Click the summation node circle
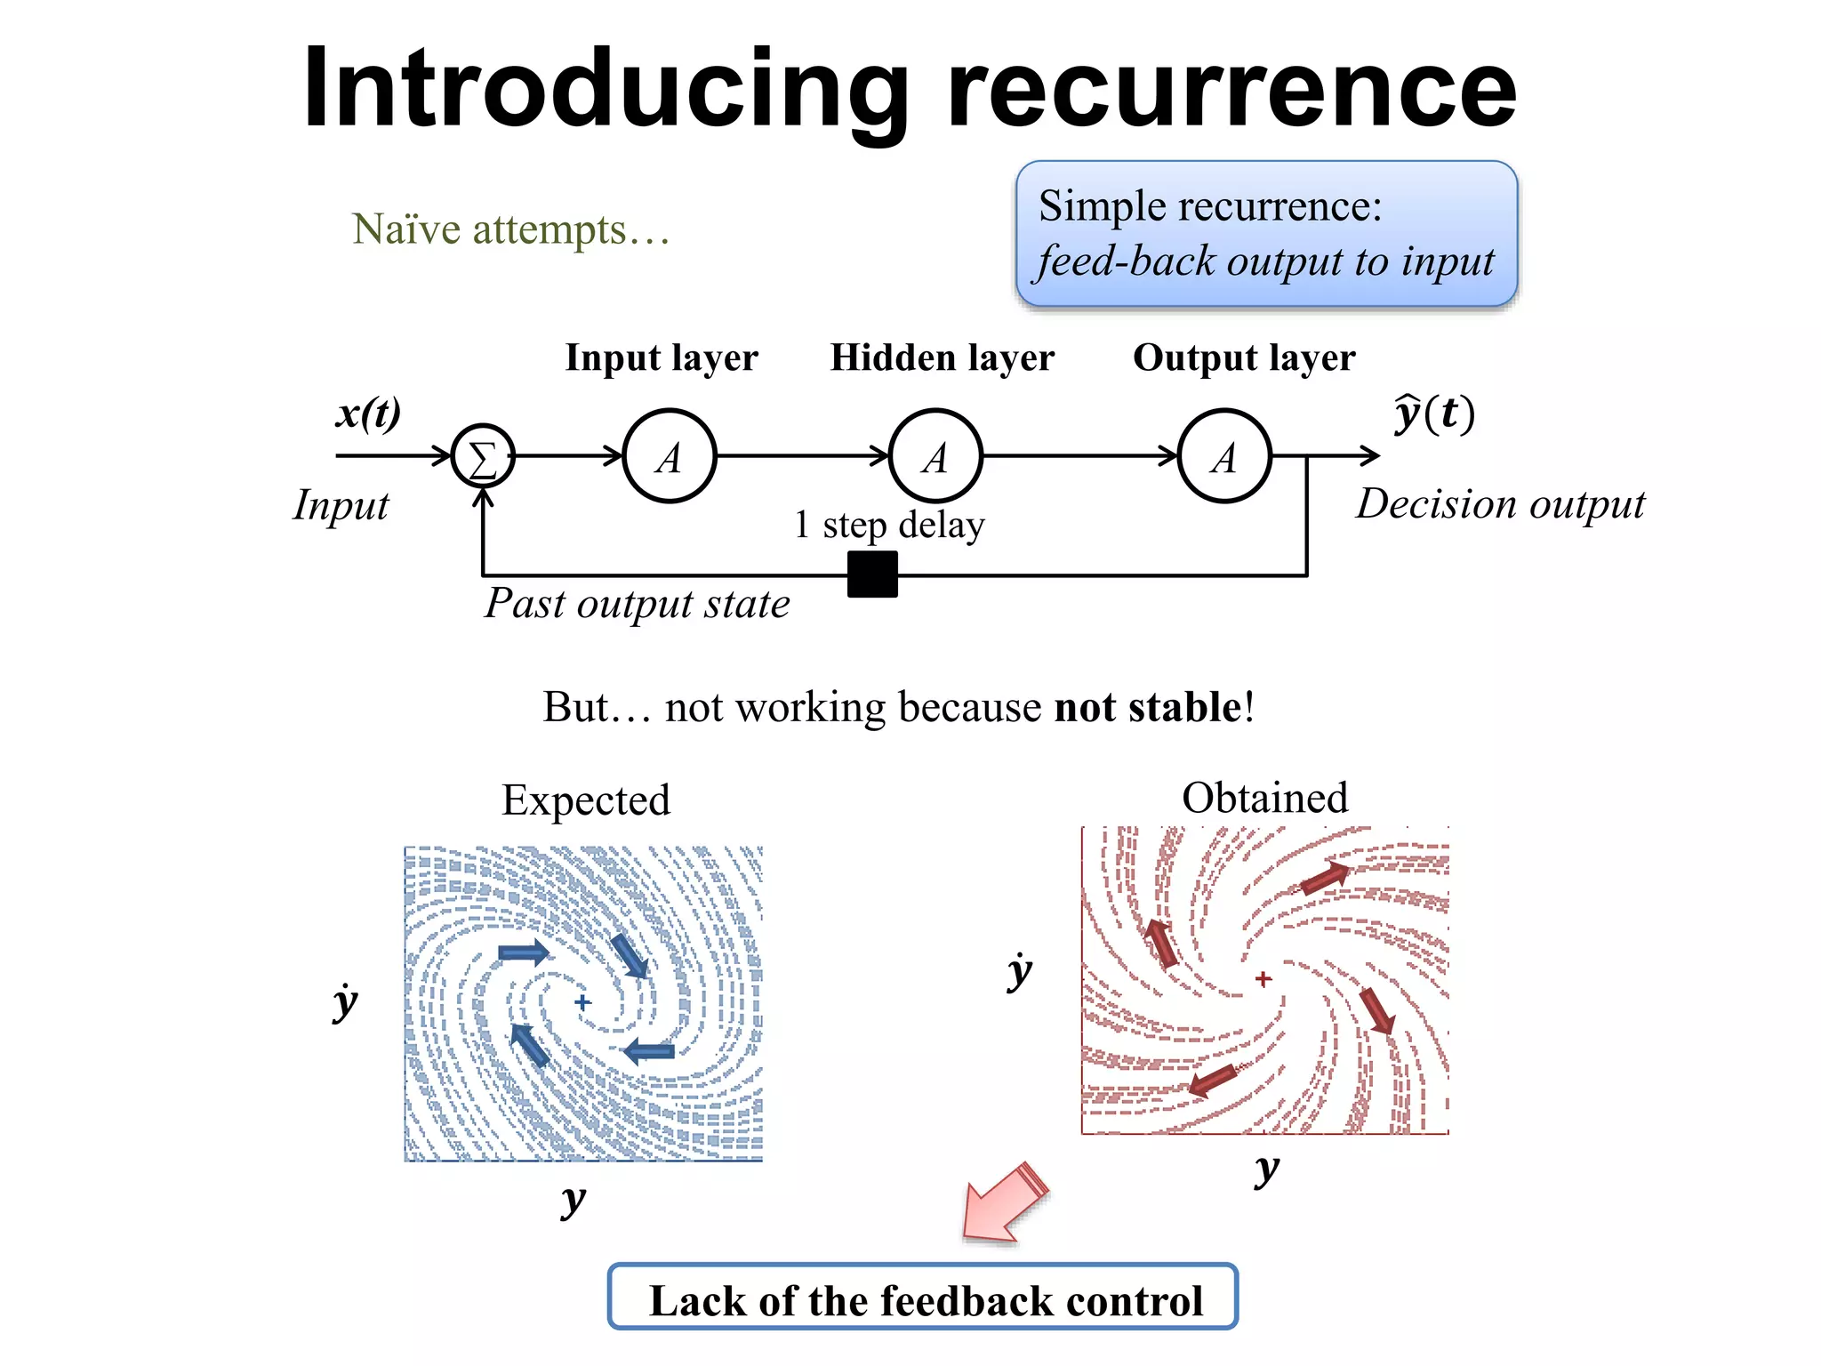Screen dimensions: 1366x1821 tap(483, 456)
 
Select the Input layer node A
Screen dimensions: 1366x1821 tap(670, 456)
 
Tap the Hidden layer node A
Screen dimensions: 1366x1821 tap(935, 456)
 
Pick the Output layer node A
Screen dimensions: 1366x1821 tap(1224, 456)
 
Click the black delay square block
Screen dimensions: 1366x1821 tap(872, 575)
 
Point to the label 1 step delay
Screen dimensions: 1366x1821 tap(889, 524)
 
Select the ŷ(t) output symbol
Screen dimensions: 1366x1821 tap(1433, 413)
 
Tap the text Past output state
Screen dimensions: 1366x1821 tap(637, 604)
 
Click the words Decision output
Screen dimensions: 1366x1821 tap(1500, 504)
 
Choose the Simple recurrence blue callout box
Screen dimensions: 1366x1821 tap(1266, 234)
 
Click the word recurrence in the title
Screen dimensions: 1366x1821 tap(1231, 89)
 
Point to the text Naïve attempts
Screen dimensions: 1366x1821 tap(510, 229)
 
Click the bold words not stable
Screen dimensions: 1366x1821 tap(1148, 707)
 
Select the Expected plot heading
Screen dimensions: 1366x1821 tap(585, 800)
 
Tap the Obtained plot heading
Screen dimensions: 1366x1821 tap(1264, 797)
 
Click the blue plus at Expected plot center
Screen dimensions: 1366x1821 tap(582, 1002)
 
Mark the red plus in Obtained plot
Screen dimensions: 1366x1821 tap(1263, 978)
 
